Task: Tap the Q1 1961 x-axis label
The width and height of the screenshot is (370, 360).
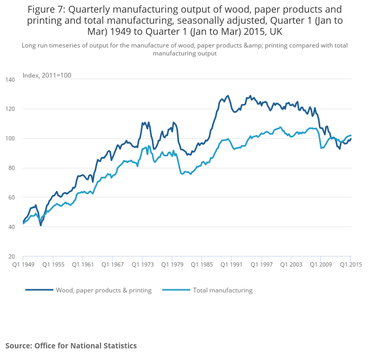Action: tap(84, 264)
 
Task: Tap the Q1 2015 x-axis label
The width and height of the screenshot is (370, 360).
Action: tap(350, 264)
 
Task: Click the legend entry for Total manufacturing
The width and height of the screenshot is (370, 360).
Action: tap(223, 290)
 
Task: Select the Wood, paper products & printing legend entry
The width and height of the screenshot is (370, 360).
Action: tap(104, 290)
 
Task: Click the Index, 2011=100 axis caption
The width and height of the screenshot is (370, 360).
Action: tap(47, 75)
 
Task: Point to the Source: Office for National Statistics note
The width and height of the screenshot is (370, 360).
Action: tap(71, 346)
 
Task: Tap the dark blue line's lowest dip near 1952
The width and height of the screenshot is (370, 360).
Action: tap(41, 225)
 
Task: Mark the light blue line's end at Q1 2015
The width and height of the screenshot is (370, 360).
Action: tap(350, 136)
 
